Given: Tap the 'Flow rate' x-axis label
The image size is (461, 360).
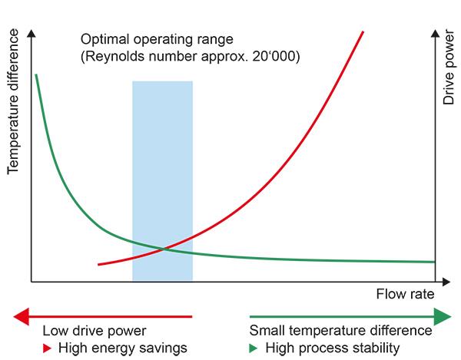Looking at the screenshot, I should pos(405,295).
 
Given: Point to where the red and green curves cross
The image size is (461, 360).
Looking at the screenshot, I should pos(163,248).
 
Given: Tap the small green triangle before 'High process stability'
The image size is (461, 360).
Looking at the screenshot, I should pos(254,348).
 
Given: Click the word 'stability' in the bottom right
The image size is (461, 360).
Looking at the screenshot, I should pos(376,348).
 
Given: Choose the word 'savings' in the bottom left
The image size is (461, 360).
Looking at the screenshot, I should pos(165,348).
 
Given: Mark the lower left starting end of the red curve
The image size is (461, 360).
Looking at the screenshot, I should pos(98,264).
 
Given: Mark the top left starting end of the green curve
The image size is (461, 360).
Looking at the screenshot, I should pos(35,75).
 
